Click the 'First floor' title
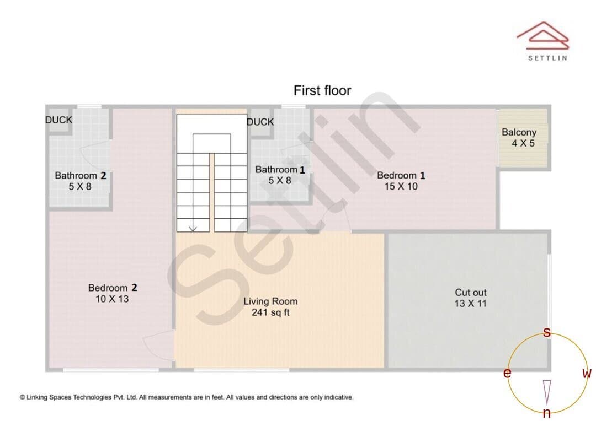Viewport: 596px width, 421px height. pos(322,90)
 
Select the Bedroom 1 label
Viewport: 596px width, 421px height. pos(401,175)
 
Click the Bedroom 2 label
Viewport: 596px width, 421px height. pos(113,288)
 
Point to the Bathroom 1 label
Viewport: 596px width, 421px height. pos(280,170)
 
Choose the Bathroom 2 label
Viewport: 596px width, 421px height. pos(80,175)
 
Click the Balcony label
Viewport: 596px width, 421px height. pos(519,132)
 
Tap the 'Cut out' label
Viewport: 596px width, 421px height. pos(471,292)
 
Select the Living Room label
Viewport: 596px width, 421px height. pos(270,301)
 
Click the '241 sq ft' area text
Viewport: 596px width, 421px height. pos(270,312)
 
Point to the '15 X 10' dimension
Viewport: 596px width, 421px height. pos(401,186)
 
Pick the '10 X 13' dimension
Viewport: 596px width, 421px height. pos(112,299)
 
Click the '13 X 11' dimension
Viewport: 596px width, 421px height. pos(471,303)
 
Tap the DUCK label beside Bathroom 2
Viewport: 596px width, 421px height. pos(58,120)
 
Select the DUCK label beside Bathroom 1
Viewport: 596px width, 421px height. pos(260,122)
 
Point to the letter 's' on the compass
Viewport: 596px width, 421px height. pos(546,332)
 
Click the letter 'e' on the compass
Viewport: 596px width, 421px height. pos(507,373)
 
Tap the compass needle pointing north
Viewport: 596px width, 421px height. pos(547,392)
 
